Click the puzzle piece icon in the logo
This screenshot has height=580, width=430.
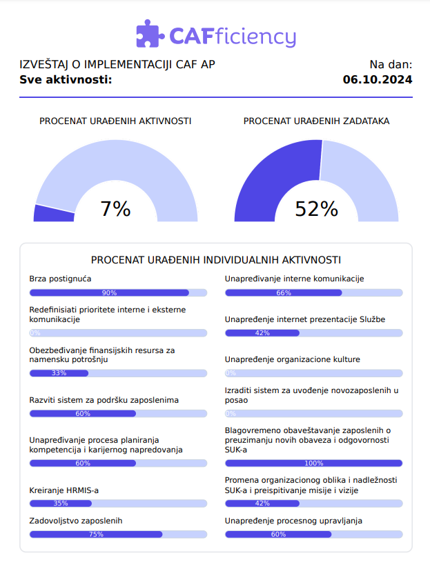pyautogui.click(x=148, y=34)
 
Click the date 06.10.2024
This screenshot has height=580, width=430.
pyautogui.click(x=378, y=79)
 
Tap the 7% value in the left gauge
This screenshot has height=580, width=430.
pyautogui.click(x=115, y=209)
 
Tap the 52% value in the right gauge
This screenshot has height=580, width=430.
pyautogui.click(x=316, y=209)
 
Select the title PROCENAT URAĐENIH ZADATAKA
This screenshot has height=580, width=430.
pyautogui.click(x=316, y=121)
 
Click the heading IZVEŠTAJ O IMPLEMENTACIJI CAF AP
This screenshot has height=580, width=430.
pyautogui.click(x=117, y=65)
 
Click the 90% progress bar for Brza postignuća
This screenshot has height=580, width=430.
pyautogui.click(x=109, y=293)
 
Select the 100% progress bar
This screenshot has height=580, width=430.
pyautogui.click(x=313, y=463)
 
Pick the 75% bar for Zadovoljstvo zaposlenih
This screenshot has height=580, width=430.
pyautogui.click(x=96, y=534)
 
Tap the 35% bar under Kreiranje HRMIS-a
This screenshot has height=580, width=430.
pyautogui.click(x=61, y=503)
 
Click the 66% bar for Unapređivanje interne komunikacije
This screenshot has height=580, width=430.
pyautogui.click(x=284, y=293)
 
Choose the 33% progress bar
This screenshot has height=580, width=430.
pyautogui.click(x=59, y=373)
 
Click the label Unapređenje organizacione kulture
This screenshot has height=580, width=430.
pyautogui.click(x=293, y=359)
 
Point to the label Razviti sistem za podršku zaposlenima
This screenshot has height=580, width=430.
pyautogui.click(x=104, y=400)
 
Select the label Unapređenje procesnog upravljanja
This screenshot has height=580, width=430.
pyautogui.click(x=293, y=521)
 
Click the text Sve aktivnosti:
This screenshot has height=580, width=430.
pyautogui.click(x=66, y=79)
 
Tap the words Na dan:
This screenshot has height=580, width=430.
pyautogui.click(x=391, y=65)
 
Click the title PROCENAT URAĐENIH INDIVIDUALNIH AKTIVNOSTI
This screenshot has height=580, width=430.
pyautogui.click(x=216, y=260)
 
